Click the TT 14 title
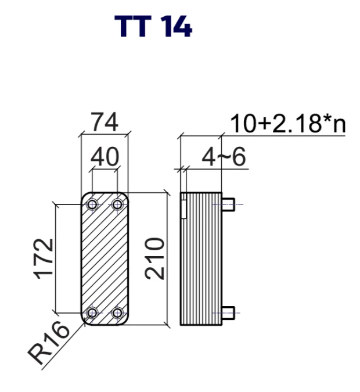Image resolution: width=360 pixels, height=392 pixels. pyautogui.click(x=153, y=26)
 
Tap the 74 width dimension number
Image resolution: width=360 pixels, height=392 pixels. pyautogui.click(x=105, y=122)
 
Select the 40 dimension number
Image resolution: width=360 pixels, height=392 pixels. pyautogui.click(x=105, y=157)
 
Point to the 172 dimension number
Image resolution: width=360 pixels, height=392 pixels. pyautogui.click(x=44, y=259)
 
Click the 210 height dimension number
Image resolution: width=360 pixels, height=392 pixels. pyautogui.click(x=155, y=258)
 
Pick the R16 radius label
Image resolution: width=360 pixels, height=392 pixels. pyautogui.click(x=48, y=343)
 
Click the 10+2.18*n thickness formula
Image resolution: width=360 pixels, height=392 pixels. pyautogui.click(x=287, y=123)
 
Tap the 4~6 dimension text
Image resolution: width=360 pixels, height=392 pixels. pyautogui.click(x=224, y=157)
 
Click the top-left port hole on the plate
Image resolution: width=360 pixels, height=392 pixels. pyautogui.click(x=92, y=205)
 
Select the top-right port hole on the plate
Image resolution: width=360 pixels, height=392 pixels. pyautogui.click(x=117, y=205)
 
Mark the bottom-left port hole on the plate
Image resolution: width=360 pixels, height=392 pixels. pyautogui.click(x=92, y=313)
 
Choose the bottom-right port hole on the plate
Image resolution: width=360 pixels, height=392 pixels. pyautogui.click(x=117, y=313)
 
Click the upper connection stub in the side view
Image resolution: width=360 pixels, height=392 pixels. pyautogui.click(x=228, y=204)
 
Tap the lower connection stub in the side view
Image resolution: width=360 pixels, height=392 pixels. pyautogui.click(x=228, y=313)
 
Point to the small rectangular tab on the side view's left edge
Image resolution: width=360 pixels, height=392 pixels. pyautogui.click(x=183, y=209)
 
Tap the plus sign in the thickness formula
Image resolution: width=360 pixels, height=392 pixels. pyautogui.click(x=265, y=124)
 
